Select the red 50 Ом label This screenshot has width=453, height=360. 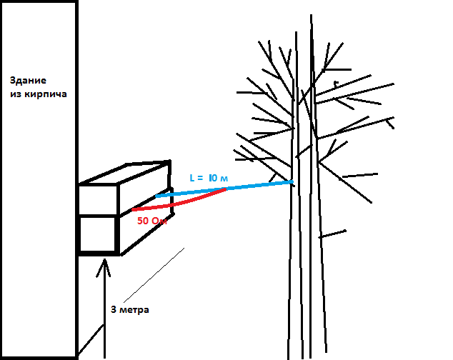pos(151,221)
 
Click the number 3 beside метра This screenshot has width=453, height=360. pos(114,310)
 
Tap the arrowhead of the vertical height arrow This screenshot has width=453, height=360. pos(105,266)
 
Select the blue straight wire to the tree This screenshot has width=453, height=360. pos(236,188)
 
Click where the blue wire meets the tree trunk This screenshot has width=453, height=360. pos(292,183)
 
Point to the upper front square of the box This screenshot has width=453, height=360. pos(98,199)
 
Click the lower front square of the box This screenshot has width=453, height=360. pos(98,234)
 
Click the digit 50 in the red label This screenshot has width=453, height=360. pos(143,221)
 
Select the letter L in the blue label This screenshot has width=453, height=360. pos(191,176)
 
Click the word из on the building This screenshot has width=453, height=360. pos(17,94)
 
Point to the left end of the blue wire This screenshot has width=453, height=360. pos(157,195)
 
